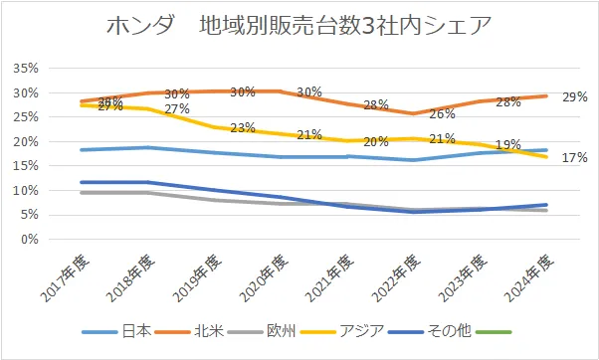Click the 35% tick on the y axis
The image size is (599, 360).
[26, 69]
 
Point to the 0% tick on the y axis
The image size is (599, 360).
[30, 240]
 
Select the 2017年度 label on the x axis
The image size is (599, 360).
[63, 276]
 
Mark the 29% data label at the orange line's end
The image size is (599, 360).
[574, 97]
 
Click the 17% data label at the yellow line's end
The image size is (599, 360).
[574, 157]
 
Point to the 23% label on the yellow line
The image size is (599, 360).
[243, 128]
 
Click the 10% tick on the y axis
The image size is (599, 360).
[26, 191]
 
